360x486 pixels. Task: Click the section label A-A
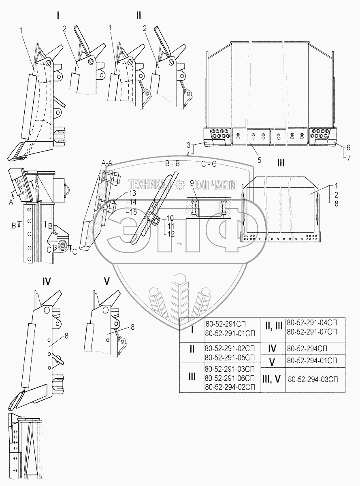(x=107, y=163)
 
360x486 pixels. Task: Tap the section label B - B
(x=173, y=164)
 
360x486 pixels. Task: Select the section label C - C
(x=209, y=164)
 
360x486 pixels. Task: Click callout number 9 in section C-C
(x=192, y=183)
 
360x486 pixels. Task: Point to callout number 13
(x=132, y=193)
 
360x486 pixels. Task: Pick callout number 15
(x=133, y=212)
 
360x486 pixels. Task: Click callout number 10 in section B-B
(x=170, y=218)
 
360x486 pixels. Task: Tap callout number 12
(x=171, y=234)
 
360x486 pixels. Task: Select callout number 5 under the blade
(x=260, y=160)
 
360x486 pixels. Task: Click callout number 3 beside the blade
(x=188, y=145)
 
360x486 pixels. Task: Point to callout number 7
(x=349, y=157)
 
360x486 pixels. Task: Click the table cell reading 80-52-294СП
(x=307, y=348)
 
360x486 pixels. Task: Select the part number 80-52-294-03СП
(x=313, y=379)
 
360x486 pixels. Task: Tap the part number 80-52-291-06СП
(x=230, y=378)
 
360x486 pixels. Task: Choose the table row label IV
(x=272, y=348)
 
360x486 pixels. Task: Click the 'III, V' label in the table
(x=271, y=379)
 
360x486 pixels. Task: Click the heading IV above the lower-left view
(x=47, y=281)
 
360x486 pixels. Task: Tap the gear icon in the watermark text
(x=180, y=185)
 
